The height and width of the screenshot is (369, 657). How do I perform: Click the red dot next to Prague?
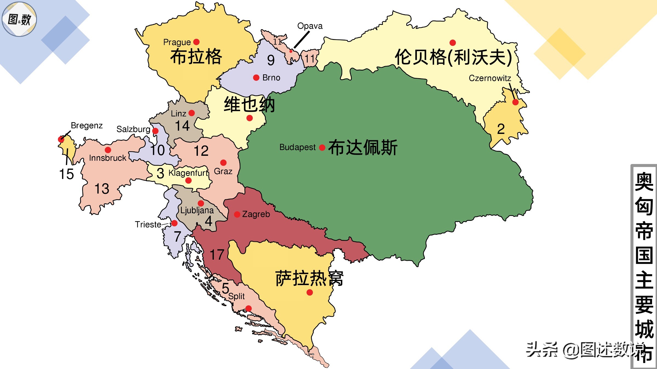[196, 42]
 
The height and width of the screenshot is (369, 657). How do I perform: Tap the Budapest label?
[297, 147]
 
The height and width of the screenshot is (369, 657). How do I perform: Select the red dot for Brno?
[256, 78]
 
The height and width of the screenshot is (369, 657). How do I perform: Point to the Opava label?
[310, 26]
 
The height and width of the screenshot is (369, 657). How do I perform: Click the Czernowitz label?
[490, 78]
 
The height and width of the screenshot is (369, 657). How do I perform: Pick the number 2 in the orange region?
[501, 129]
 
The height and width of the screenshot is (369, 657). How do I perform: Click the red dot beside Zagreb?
[237, 215]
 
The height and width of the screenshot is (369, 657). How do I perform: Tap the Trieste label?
[148, 224]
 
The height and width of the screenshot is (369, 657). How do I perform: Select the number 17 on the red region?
[217, 255]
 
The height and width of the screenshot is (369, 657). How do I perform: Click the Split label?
[237, 296]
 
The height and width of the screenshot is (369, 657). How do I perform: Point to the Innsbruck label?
[108, 158]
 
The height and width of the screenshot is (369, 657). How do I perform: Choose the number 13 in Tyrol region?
[102, 189]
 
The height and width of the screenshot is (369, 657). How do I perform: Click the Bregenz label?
[87, 125]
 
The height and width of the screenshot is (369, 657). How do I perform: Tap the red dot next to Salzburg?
[155, 131]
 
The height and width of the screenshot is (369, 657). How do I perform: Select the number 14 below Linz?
[182, 126]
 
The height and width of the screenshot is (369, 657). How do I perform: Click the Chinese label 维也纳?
[249, 104]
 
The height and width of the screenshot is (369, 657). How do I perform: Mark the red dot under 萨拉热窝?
[310, 292]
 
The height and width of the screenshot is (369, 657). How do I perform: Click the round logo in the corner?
[19, 19]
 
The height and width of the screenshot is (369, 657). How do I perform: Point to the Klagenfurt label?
[188, 173]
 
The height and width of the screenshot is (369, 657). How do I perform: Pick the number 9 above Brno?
[271, 60]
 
